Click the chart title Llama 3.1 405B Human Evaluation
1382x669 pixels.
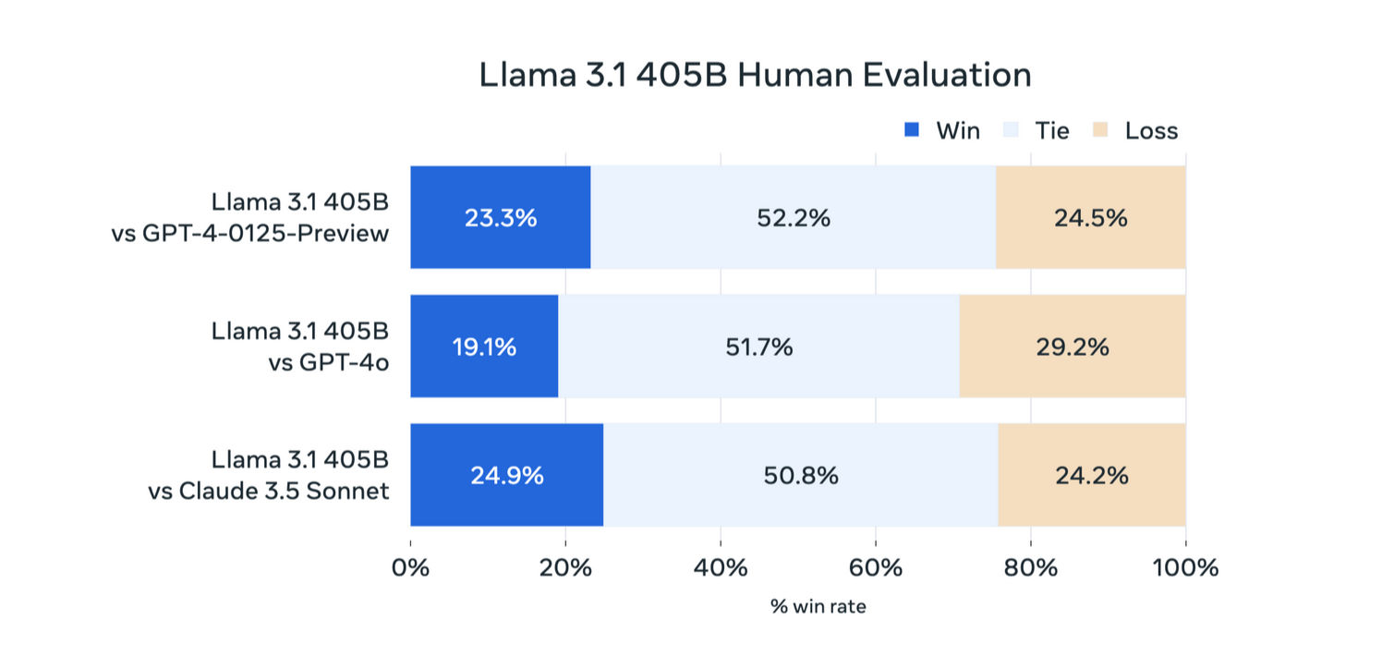tap(755, 75)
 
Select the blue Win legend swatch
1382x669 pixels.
tap(911, 129)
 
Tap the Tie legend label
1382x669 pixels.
tap(1052, 131)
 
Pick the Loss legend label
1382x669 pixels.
tap(1151, 131)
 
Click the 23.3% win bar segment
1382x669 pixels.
tap(501, 217)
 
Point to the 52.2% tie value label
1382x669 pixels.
tap(794, 218)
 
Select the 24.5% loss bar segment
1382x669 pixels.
tap(1091, 217)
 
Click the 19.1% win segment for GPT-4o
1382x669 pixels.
tap(484, 347)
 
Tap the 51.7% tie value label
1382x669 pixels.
tap(758, 347)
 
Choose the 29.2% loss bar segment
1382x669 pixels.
tap(1073, 347)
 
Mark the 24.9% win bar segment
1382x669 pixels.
tap(506, 475)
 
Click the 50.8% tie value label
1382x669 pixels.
tap(801, 475)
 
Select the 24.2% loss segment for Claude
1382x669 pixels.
tap(1092, 475)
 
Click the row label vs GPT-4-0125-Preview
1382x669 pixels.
tap(249, 233)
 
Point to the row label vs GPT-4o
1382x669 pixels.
tap(329, 362)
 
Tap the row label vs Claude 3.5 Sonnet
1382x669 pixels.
tap(269, 492)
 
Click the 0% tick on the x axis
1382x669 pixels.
tap(410, 567)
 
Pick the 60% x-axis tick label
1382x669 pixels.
tap(876, 567)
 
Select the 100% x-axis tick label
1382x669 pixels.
tap(1185, 567)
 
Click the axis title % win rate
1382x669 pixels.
tap(818, 607)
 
